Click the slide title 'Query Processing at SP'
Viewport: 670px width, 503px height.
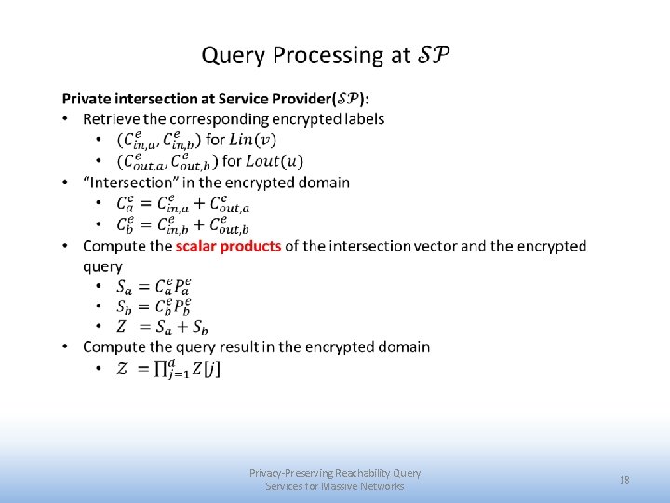click(326, 56)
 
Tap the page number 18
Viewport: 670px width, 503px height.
click(624, 480)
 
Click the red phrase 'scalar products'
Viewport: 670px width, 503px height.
click(228, 246)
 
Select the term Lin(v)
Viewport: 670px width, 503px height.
click(253, 140)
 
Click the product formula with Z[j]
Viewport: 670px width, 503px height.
click(169, 369)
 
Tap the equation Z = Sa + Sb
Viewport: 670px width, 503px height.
click(162, 326)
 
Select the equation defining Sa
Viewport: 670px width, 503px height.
click(154, 286)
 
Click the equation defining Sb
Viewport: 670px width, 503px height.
click(154, 306)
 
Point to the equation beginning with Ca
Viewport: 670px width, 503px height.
click(182, 204)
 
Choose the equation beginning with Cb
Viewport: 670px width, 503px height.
click(182, 224)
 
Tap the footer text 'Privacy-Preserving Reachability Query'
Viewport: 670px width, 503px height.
click(335, 473)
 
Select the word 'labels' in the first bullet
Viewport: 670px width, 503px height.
click(363, 119)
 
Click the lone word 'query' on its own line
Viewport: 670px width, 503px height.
click(102, 266)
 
